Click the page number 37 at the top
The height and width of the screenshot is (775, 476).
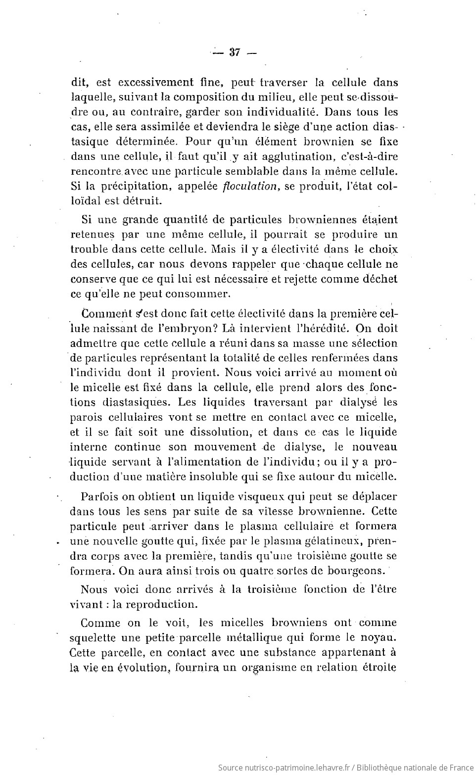click(235, 53)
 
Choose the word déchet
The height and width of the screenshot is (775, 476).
click(379, 279)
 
